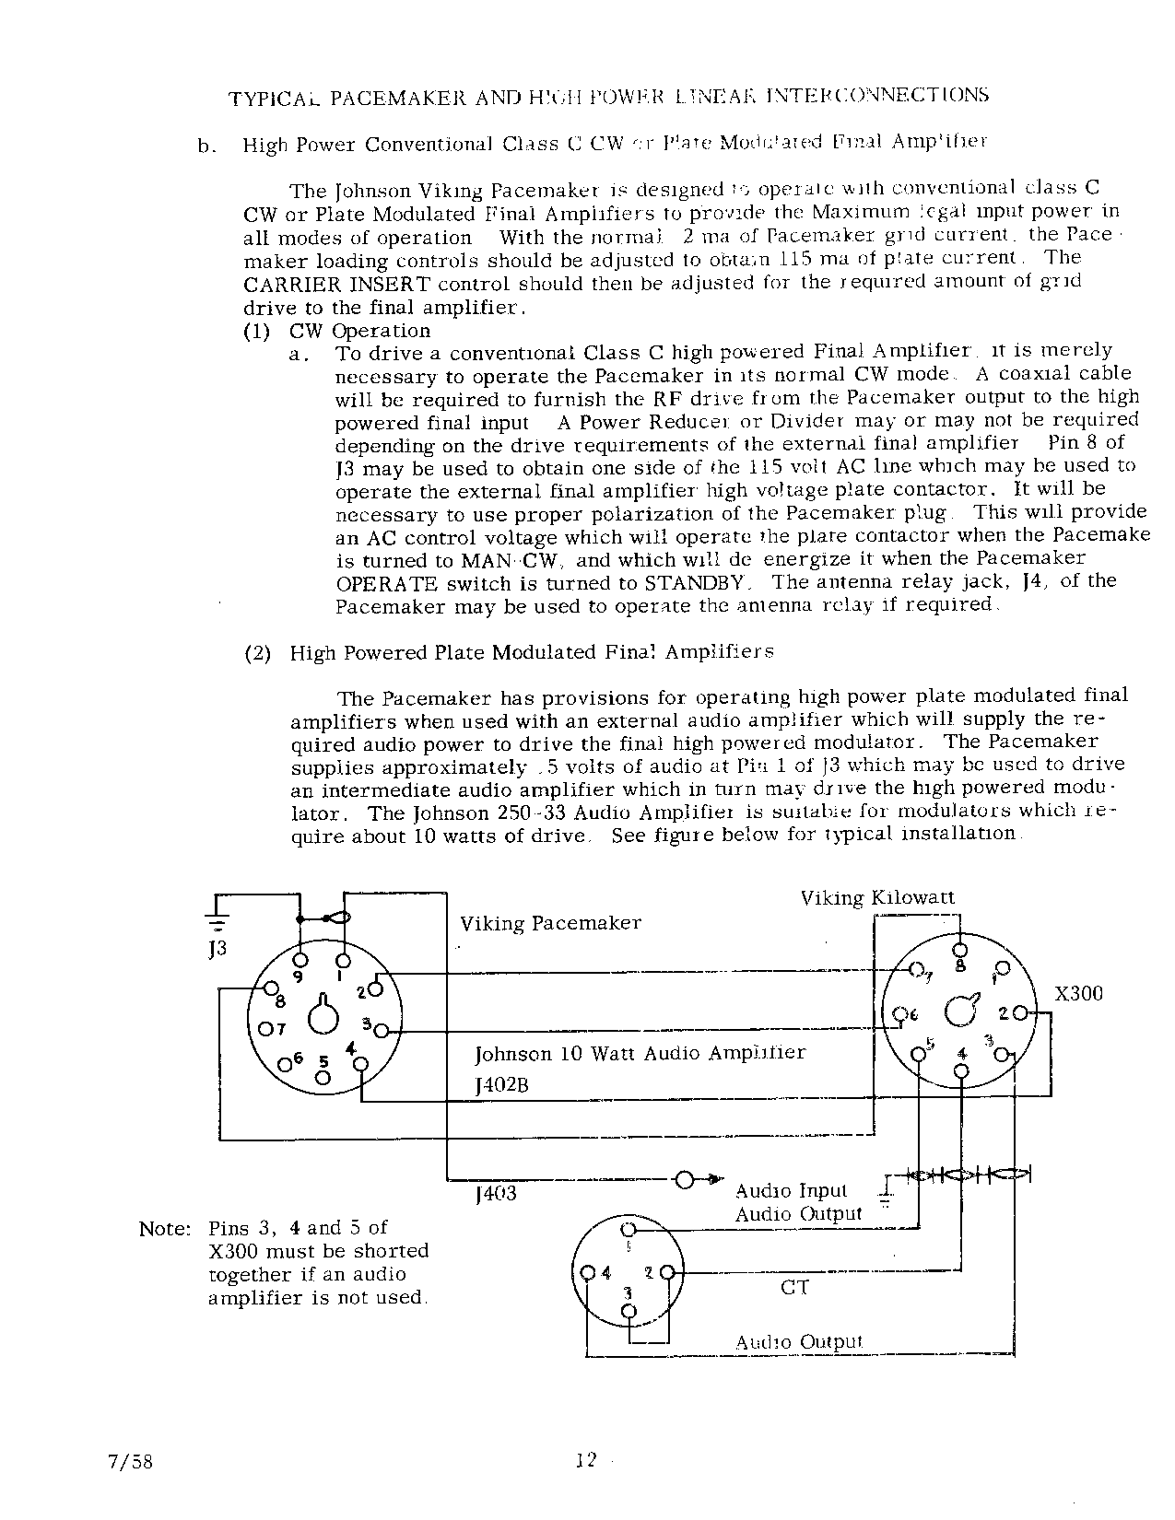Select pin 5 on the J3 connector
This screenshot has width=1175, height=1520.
pyautogui.click(x=323, y=1079)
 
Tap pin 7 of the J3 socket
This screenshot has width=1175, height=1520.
pyautogui.click(x=265, y=1028)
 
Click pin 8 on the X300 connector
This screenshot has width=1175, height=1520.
pyautogui.click(x=959, y=951)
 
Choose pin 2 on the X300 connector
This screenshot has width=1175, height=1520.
pyautogui.click(x=1018, y=1013)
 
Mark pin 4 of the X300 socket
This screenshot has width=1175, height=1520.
pyautogui.click(x=961, y=1070)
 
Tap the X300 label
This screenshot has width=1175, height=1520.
pyautogui.click(x=1077, y=994)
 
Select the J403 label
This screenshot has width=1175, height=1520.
pyautogui.click(x=496, y=1195)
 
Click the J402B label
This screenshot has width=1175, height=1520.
pyautogui.click(x=501, y=1085)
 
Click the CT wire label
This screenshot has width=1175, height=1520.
pyautogui.click(x=794, y=1287)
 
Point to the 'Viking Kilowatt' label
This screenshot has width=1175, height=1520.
pyautogui.click(x=877, y=897)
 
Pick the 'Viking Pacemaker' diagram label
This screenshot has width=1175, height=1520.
pyautogui.click(x=550, y=923)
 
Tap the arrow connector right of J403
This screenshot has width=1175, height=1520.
pyautogui.click(x=686, y=1179)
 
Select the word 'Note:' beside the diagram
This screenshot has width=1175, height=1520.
pyautogui.click(x=165, y=1229)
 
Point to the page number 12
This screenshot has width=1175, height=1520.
pyautogui.click(x=586, y=1459)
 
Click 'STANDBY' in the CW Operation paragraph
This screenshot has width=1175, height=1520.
pyautogui.click(x=698, y=583)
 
